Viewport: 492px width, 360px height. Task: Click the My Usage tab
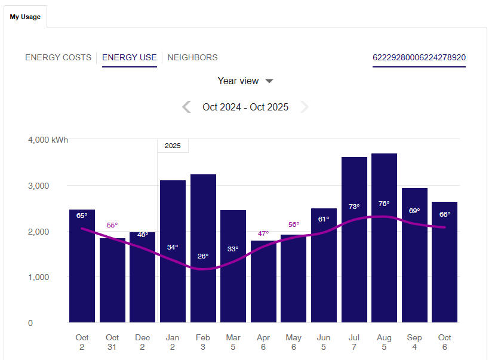click(25, 17)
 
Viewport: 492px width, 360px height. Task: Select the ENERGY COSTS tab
click(58, 58)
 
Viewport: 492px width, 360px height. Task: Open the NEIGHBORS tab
click(192, 58)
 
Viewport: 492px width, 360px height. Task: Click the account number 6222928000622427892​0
click(419, 58)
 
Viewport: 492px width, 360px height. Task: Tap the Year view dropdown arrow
click(269, 81)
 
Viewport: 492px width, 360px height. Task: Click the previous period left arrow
click(186, 107)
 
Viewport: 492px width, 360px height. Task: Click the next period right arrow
click(305, 107)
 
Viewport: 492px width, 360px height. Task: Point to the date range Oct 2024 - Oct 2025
click(245, 107)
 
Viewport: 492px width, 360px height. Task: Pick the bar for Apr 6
click(263, 287)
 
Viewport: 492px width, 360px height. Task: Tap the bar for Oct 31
click(112, 287)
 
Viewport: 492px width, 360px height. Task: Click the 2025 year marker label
click(173, 146)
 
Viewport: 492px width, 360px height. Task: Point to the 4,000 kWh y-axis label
click(48, 140)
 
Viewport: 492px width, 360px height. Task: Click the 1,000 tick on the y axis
click(38, 277)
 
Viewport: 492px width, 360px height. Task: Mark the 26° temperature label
click(203, 256)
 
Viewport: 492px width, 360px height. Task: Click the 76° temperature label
click(384, 204)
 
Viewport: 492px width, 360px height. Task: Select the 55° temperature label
click(112, 225)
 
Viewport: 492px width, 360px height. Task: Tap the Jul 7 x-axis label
click(354, 342)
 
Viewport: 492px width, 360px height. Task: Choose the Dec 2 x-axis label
click(143, 342)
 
